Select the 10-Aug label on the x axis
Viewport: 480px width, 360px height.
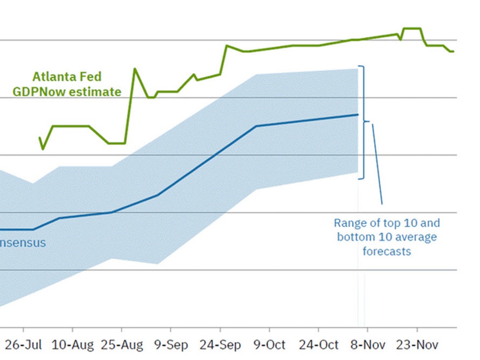coord(72,345)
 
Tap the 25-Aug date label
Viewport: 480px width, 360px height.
coord(122,345)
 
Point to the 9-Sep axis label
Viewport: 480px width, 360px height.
coord(171,345)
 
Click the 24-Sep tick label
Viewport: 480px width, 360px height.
coord(220,345)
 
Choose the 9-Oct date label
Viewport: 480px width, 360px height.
coord(269,345)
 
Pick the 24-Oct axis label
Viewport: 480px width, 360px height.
coord(319,345)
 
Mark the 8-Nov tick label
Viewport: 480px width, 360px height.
coord(368,345)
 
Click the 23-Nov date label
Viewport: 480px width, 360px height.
coord(417,345)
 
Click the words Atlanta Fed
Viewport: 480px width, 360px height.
coord(66,77)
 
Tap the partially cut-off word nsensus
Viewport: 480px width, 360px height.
coord(23,242)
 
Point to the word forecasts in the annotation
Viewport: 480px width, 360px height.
coord(386,251)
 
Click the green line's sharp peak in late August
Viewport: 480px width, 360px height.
coord(135,69)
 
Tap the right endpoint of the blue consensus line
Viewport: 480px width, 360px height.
coord(357,115)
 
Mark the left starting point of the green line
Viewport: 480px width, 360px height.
coord(40,138)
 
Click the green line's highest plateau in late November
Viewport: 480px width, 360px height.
coord(412,29)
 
